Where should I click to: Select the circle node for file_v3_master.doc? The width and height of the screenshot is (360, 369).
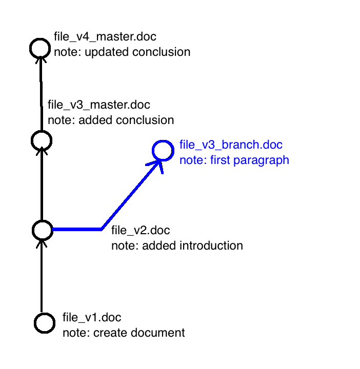coord(41,140)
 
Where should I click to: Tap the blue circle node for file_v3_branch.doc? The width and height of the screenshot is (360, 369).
coord(163,150)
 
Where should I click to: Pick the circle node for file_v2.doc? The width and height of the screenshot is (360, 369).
coord(42,230)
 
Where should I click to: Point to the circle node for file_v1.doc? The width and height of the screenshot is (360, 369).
coord(45,322)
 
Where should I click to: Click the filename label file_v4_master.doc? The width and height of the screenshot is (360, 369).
coord(105,37)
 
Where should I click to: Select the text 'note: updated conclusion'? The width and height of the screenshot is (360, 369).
coord(122,52)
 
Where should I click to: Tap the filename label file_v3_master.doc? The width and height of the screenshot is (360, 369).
coord(99,105)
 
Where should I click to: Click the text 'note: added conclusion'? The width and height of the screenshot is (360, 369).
coord(111,120)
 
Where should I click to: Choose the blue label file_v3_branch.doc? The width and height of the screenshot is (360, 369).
coord(231,145)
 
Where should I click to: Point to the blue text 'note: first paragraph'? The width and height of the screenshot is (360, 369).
coord(234,160)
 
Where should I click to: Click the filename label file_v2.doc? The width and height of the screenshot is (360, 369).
coord(141,231)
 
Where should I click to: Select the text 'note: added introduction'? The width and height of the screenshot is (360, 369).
coord(177,246)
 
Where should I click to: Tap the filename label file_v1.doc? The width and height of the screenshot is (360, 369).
coord(92,318)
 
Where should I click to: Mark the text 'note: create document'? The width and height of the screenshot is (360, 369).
coord(124,333)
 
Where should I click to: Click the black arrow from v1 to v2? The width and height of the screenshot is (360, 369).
coord(42,277)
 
